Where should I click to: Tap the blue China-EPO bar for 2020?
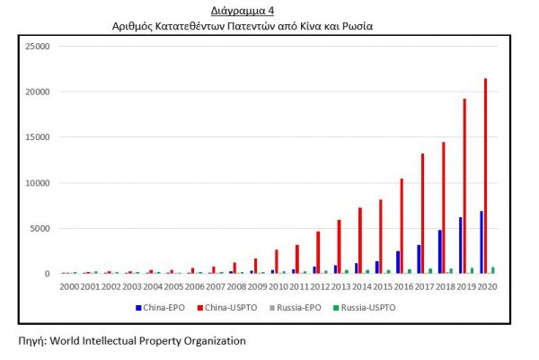482,242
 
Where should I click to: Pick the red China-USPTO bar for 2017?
423,214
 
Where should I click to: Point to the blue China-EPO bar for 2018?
440,251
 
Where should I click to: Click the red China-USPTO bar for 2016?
402,226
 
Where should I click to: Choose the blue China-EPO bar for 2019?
461,245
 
